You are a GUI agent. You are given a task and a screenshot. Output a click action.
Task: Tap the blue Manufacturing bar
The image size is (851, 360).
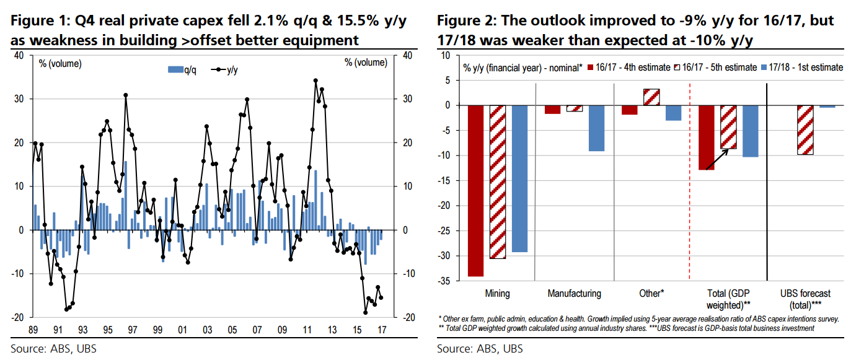pyautogui.click(x=596, y=128)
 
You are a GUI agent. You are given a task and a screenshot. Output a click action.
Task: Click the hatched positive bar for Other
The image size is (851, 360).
pyautogui.click(x=651, y=97)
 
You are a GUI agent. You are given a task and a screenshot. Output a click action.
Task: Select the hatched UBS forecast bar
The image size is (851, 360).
pyautogui.click(x=805, y=130)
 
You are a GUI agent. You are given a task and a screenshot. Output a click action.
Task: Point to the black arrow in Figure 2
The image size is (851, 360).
pyautogui.click(x=717, y=159)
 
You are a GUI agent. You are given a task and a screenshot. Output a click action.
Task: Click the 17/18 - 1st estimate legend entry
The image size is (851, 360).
pyautogui.click(x=803, y=68)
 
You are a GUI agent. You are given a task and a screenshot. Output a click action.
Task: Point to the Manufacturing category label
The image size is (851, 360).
pyautogui.click(x=574, y=293)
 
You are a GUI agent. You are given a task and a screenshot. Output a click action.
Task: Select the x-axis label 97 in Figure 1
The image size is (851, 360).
pyautogui.click(x=133, y=330)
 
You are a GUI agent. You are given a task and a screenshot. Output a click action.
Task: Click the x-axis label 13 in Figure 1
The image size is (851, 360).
pyautogui.click(x=332, y=330)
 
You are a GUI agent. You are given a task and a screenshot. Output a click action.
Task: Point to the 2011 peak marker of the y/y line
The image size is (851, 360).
pyautogui.click(x=315, y=81)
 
